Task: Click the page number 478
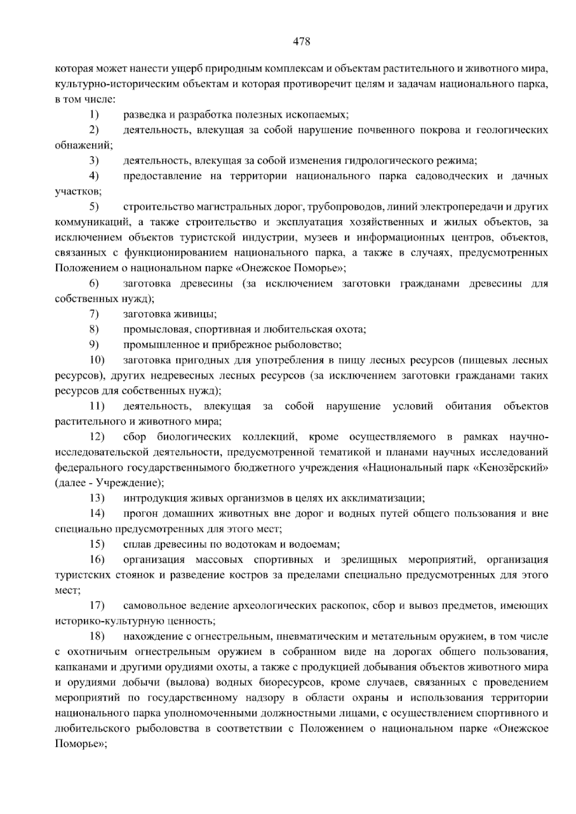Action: coord(302,42)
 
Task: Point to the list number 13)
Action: coord(96,498)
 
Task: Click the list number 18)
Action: coord(96,637)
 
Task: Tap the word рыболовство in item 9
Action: coord(308,345)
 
